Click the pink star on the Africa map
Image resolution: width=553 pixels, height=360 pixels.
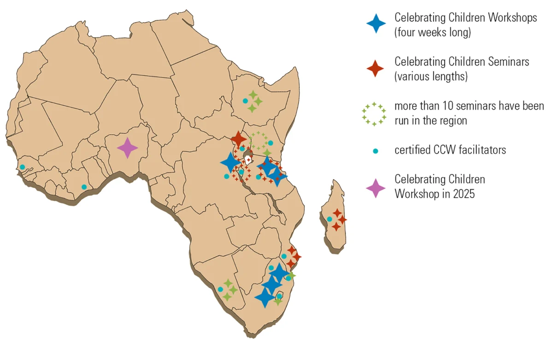(127, 148)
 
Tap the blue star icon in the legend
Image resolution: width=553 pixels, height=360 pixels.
(376, 23)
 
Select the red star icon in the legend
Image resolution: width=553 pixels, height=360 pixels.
(376, 68)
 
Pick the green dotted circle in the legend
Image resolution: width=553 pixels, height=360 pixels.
(374, 113)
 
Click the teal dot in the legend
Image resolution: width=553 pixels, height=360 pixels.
(376, 151)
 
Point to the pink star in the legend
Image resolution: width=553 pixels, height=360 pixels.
(376, 187)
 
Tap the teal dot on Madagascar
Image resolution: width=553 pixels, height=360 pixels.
(329, 219)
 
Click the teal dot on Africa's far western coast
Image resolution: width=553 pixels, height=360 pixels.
(22, 167)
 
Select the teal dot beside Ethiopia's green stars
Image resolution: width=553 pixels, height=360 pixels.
(245, 100)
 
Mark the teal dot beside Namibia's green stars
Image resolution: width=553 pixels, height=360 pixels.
(220, 289)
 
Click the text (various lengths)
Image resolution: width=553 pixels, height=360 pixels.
(431, 77)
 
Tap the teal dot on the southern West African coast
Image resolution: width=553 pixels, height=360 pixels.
(84, 187)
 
